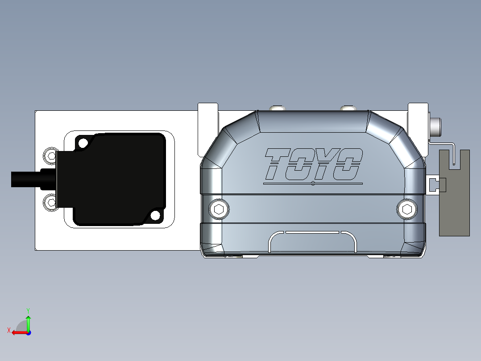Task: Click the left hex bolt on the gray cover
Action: pyautogui.click(x=219, y=209)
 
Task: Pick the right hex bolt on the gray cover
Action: pyautogui.click(x=407, y=209)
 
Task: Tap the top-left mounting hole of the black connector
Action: pyautogui.click(x=83, y=143)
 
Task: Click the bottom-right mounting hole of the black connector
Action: pyautogui.click(x=155, y=216)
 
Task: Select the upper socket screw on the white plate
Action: pyautogui.click(x=50, y=156)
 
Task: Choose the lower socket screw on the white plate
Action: pyautogui.click(x=50, y=202)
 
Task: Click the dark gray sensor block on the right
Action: pyautogui.click(x=454, y=206)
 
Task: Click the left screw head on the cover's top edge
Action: pyautogui.click(x=277, y=108)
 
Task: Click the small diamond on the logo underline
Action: pyautogui.click(x=313, y=183)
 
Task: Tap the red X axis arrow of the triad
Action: pyautogui.click(x=17, y=332)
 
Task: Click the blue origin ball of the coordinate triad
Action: pyautogui.click(x=28, y=332)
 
